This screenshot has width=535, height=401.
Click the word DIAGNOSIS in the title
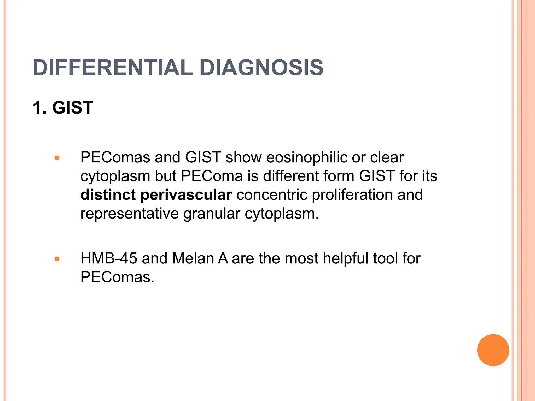261,68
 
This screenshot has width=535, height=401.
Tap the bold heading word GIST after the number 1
73,108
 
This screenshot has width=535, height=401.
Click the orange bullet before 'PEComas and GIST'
57,158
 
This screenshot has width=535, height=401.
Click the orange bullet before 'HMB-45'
57,259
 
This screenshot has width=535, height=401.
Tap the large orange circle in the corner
493,350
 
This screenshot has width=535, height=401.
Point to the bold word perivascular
186,195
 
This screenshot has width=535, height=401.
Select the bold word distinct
108,195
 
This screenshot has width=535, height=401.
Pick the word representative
129,214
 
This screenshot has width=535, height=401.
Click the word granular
212,214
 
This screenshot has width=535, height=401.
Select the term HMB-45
109,258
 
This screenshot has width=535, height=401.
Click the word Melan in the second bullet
193,258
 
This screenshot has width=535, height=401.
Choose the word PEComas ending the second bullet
117,277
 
